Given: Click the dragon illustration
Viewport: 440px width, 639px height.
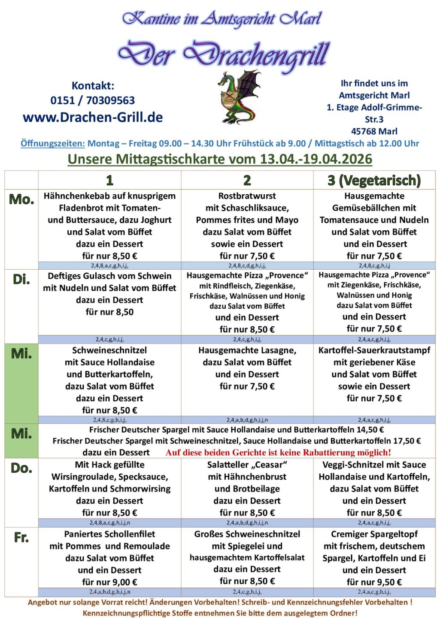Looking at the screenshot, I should (237, 98).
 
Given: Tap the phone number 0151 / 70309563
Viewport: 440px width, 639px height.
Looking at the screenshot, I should (93, 100).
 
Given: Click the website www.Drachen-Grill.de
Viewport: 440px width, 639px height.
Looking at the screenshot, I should (93, 117).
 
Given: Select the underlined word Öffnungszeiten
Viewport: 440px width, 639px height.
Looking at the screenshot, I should (53, 144).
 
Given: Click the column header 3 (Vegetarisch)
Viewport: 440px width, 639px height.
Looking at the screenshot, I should (374, 180).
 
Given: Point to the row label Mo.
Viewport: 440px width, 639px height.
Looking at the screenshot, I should (21, 199).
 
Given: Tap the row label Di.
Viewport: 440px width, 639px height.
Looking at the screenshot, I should (21, 280).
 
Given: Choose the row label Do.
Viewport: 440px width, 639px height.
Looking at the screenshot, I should (21, 468).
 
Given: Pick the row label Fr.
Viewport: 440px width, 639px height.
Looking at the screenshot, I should (21, 537).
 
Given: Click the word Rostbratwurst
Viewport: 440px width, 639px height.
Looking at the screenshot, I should (247, 196).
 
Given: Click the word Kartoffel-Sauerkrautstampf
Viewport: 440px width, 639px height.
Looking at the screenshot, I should (374, 350).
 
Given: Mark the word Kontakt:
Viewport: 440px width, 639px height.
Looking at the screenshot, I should (93, 86).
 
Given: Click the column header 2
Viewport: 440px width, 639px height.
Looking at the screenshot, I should (247, 180).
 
